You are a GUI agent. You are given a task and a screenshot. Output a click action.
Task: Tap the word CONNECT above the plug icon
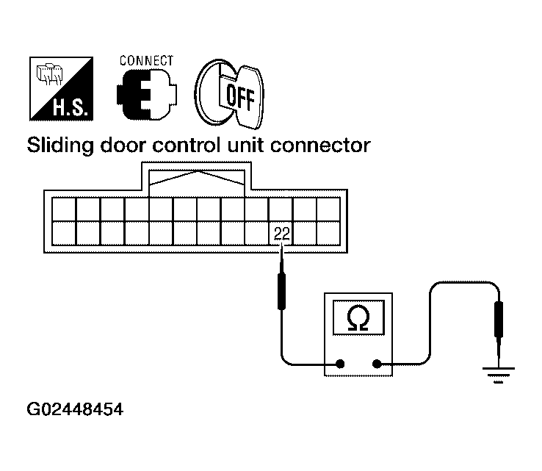tap(145, 60)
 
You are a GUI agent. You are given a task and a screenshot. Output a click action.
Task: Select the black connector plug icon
tap(144, 95)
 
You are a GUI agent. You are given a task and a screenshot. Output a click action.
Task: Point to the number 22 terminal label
tap(281, 234)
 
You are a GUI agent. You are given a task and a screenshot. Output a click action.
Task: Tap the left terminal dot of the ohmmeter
tap(340, 363)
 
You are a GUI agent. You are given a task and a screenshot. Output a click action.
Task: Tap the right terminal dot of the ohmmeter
tap(377, 363)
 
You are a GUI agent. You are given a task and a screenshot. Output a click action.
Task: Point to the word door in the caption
tap(126, 145)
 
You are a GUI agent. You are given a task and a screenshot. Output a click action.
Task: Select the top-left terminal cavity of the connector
tap(65, 209)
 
